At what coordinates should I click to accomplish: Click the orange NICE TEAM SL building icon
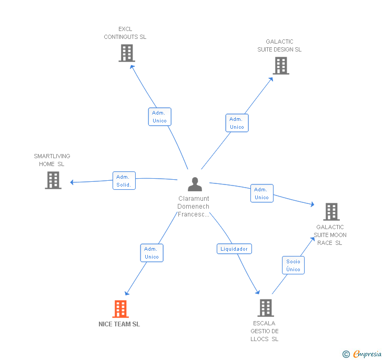[x=120, y=308]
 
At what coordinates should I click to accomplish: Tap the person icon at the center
[x=195, y=184]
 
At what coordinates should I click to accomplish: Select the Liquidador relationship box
[x=234, y=249]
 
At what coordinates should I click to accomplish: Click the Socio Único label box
[x=293, y=265]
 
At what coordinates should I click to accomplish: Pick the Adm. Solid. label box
[x=124, y=181]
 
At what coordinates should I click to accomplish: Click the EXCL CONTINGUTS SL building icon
[x=127, y=53]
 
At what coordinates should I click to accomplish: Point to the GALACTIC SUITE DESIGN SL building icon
[x=281, y=66]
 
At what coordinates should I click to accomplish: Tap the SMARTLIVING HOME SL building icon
[x=53, y=180]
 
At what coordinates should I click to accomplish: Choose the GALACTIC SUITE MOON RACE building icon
[x=331, y=212]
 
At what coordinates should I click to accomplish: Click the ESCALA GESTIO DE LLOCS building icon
[x=266, y=308]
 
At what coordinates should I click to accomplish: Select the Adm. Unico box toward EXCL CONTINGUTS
[x=160, y=117]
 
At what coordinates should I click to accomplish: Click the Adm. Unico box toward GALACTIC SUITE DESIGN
[x=237, y=123]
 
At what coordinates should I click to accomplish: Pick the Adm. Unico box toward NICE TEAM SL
[x=152, y=253]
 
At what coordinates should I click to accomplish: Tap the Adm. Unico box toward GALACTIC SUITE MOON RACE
[x=262, y=193]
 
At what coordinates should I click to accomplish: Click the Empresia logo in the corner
[x=362, y=354]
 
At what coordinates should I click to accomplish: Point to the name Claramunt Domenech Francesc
[x=194, y=206]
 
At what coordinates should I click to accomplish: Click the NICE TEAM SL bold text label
[x=119, y=324]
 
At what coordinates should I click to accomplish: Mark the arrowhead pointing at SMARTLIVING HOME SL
[x=72, y=182]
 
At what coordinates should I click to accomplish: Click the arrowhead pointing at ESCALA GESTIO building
[x=258, y=292]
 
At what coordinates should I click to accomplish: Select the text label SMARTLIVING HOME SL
[x=52, y=160]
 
